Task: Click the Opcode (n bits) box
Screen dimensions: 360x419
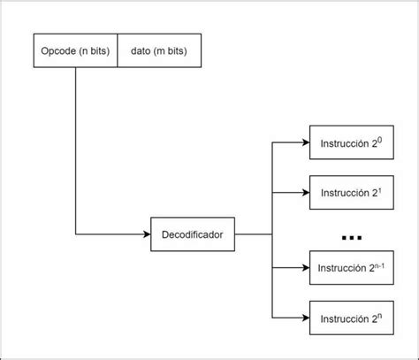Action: coord(75,51)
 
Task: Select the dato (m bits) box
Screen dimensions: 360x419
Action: coord(158,51)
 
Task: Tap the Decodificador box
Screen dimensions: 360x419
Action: coord(193,235)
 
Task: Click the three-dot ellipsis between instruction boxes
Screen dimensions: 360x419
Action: coord(351,237)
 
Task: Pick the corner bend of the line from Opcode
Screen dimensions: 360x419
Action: coord(75,235)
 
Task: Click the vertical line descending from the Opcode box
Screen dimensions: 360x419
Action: coord(75,150)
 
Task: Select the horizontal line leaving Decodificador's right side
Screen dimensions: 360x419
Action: coord(252,235)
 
